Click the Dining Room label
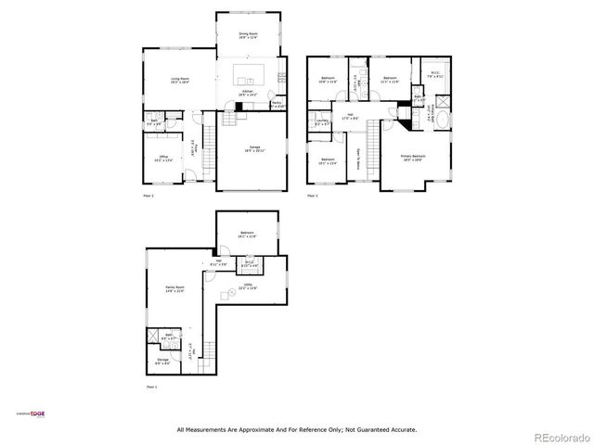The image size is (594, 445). [x=249, y=34]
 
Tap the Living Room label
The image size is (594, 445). [x=166, y=82]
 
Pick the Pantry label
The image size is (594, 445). [x=277, y=105]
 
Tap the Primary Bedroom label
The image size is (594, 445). [x=413, y=158]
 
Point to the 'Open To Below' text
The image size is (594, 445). [x=358, y=154]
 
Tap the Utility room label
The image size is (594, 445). [x=247, y=286]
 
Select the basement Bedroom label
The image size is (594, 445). [x=247, y=234]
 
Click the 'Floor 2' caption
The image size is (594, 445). [x=148, y=197]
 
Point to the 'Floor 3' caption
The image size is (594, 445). [x=312, y=197]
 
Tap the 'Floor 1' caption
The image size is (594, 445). [x=150, y=386]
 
